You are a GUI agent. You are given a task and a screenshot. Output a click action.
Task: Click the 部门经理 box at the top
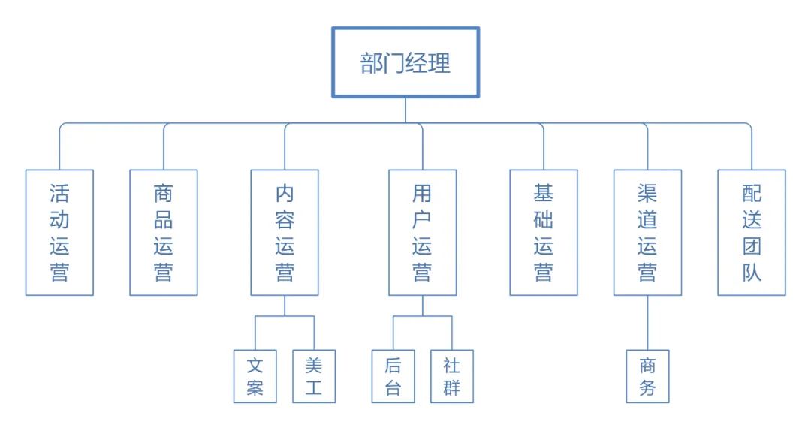(405, 63)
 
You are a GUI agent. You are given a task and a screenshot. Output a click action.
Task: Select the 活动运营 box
(59, 232)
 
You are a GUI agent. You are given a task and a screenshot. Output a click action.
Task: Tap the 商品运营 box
(164, 232)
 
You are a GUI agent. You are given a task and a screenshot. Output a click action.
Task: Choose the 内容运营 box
(285, 232)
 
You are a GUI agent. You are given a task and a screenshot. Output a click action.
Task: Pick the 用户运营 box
(422, 232)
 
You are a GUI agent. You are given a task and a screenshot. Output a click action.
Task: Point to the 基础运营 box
(544, 232)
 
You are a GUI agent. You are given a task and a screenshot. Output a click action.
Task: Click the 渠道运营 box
(647, 232)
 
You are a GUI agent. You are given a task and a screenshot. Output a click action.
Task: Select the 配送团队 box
(752, 232)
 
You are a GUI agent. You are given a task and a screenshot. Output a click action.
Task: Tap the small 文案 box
(255, 376)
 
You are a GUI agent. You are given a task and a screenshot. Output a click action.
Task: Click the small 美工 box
(314, 376)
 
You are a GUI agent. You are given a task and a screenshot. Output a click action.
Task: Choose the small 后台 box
(393, 376)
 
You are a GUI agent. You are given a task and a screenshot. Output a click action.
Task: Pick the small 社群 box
(451, 376)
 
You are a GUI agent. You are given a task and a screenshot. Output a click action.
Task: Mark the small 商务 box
(647, 376)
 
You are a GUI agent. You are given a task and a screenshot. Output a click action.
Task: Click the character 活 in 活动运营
(59, 194)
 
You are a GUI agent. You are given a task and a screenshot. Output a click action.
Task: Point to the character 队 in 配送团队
(752, 271)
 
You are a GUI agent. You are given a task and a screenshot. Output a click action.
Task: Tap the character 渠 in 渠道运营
(647, 194)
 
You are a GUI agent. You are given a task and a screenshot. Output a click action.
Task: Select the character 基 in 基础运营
(544, 194)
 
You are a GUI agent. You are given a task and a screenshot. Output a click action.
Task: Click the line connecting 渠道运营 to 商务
(647, 322)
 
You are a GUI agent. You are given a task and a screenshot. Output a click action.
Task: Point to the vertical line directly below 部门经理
(405, 110)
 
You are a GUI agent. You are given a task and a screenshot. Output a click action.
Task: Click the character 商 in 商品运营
(164, 194)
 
